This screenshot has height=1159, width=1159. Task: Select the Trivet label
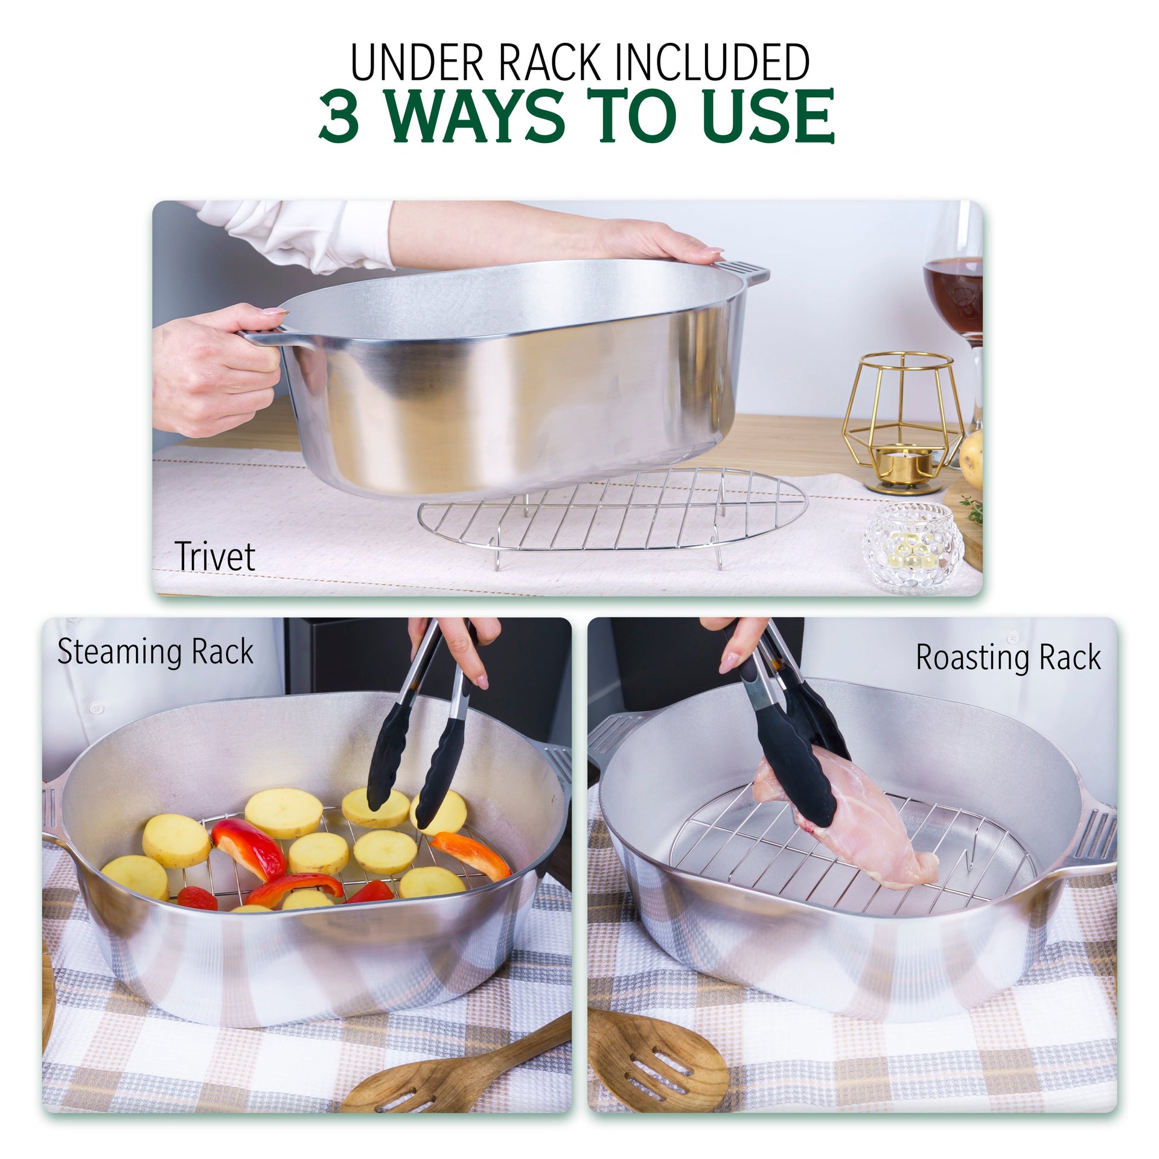pos(215,556)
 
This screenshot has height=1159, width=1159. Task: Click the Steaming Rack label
pos(155,652)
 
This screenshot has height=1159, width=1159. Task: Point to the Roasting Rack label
pos(1008,657)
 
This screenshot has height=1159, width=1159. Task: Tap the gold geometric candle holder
pos(899,417)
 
